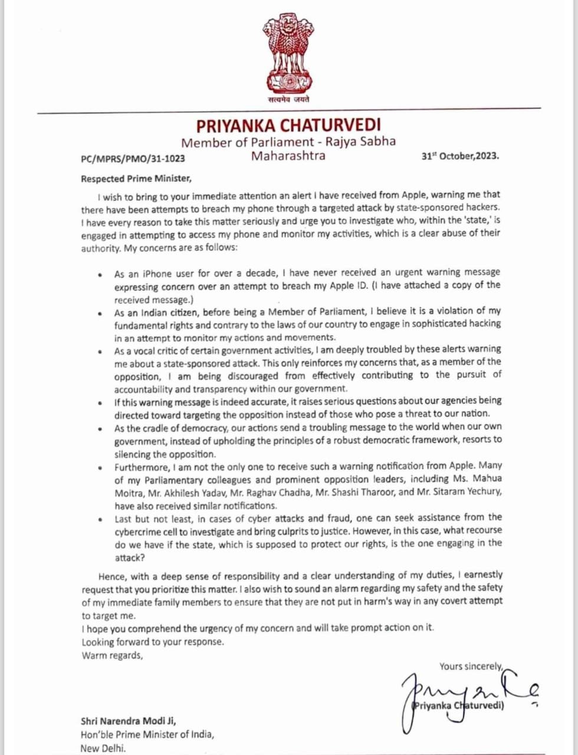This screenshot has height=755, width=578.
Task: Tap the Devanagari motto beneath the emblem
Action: click(x=288, y=99)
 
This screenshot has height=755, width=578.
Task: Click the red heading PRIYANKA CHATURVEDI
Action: click(x=288, y=125)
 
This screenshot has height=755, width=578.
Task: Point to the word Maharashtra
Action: click(x=288, y=156)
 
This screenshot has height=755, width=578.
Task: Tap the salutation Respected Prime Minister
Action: click(x=136, y=178)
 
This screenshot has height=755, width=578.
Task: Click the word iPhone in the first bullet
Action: click(x=155, y=273)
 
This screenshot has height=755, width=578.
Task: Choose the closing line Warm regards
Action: click(x=112, y=655)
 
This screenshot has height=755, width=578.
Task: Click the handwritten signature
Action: click(x=466, y=696)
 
